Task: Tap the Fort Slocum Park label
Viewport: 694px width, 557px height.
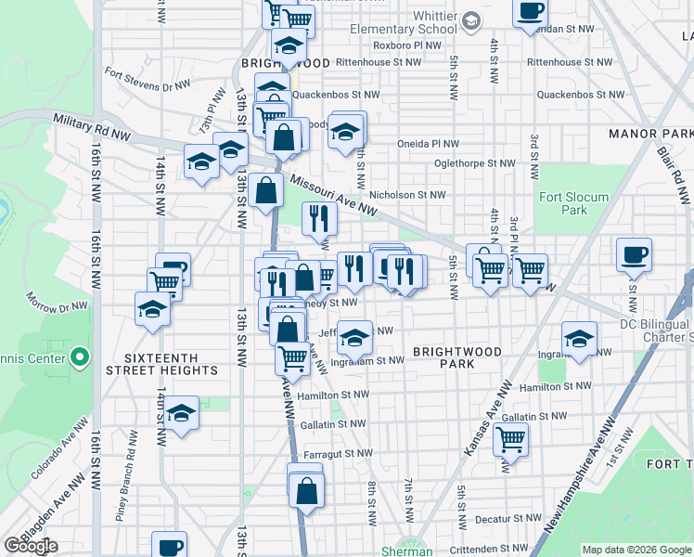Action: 574,203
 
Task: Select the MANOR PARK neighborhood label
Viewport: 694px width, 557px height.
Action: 650,134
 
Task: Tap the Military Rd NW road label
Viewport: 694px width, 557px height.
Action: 92,127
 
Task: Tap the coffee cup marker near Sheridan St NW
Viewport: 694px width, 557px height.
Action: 530,11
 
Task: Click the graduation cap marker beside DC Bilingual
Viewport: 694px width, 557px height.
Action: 579,340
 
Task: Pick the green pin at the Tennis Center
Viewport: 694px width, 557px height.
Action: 80,356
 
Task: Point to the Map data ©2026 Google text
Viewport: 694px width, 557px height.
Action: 636,550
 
